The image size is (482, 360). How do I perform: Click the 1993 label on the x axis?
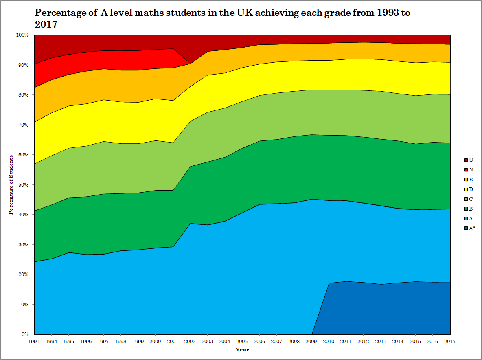34,341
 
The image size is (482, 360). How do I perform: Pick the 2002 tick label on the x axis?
190,341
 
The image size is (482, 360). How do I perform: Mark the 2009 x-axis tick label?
311,341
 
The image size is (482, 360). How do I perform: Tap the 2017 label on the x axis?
450,341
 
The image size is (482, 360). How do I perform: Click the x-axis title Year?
242,350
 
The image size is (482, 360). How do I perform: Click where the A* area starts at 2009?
312,334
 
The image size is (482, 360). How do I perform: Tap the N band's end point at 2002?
190,64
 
